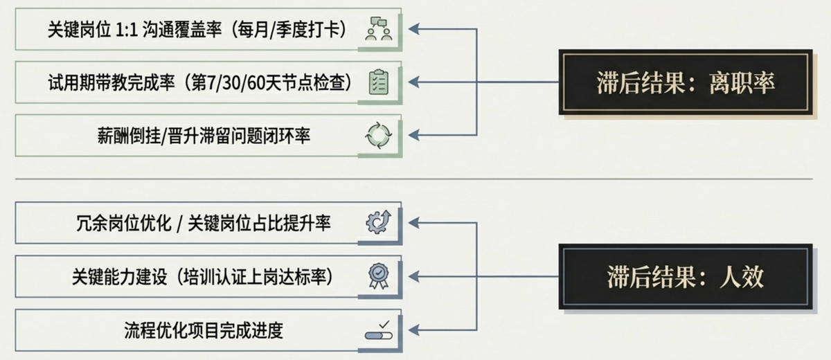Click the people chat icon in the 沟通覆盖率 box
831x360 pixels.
coord(379,30)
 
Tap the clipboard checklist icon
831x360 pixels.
coord(379,82)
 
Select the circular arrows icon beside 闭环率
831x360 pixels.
coord(379,135)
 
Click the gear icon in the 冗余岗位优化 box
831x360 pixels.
coord(379,222)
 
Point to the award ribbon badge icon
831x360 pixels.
coord(379,276)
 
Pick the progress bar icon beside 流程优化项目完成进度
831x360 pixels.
coord(379,330)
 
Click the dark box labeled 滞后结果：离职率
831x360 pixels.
coord(685,82)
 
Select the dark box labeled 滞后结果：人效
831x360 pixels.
coord(685,276)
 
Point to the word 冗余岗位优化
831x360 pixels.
coord(118,224)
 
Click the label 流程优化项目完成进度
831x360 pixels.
coord(204,330)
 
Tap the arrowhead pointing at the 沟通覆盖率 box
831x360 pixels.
coord(414,30)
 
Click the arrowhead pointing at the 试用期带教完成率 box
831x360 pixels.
coord(414,82)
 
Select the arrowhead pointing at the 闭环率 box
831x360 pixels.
coord(414,135)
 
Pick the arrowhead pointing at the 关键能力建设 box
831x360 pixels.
coord(414,276)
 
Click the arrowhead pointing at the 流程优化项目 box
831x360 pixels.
coord(414,330)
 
